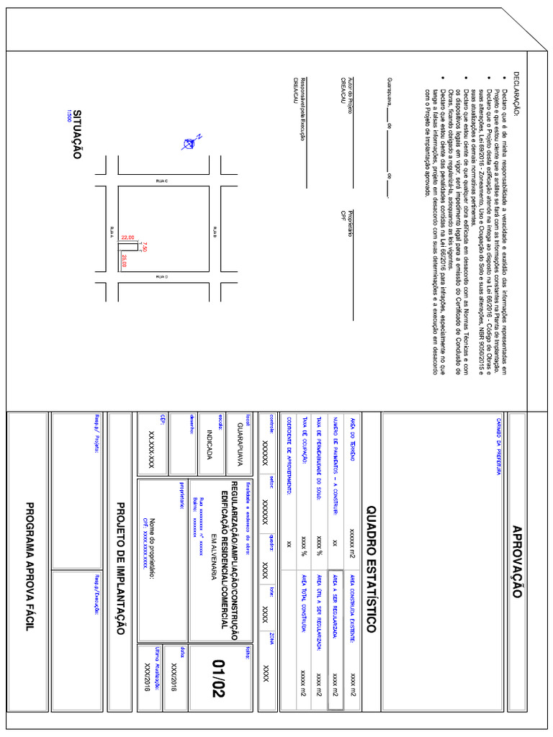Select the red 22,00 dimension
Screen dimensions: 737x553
pos(127,237)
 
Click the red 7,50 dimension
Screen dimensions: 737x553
pos(145,247)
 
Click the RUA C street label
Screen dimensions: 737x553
pos(161,182)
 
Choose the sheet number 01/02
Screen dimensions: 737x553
pos(218,679)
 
